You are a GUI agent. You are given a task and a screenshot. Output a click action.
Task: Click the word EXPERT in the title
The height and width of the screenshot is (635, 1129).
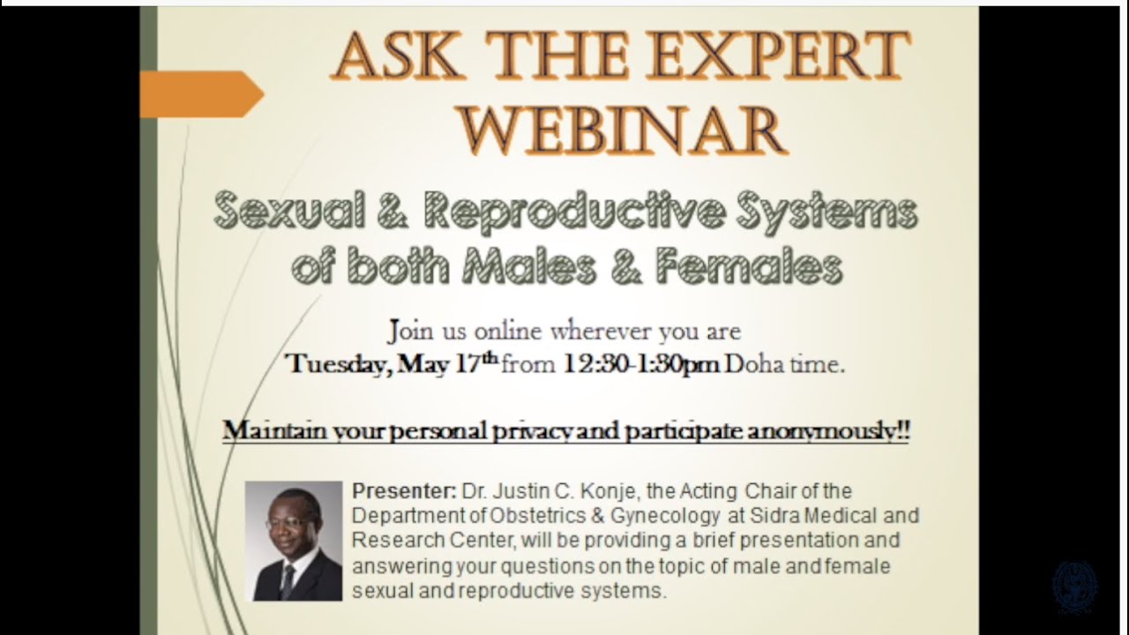(778, 56)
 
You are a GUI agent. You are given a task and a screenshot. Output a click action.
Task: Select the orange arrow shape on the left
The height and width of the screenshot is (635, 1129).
(202, 94)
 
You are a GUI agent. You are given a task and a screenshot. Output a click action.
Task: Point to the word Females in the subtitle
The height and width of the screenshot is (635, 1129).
(749, 266)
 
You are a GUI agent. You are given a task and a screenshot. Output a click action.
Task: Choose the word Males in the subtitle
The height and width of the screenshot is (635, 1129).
(529, 266)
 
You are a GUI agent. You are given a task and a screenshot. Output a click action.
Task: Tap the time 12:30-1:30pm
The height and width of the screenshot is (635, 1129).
(641, 363)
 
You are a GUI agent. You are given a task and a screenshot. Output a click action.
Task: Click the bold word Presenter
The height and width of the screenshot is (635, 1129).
(404, 490)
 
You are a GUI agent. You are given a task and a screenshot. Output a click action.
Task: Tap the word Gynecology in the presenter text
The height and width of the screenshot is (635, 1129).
(665, 516)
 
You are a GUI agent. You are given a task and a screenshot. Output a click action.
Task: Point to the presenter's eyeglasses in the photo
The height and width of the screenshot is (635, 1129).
(290, 522)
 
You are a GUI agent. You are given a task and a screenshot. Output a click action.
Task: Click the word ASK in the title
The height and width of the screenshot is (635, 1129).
(397, 56)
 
